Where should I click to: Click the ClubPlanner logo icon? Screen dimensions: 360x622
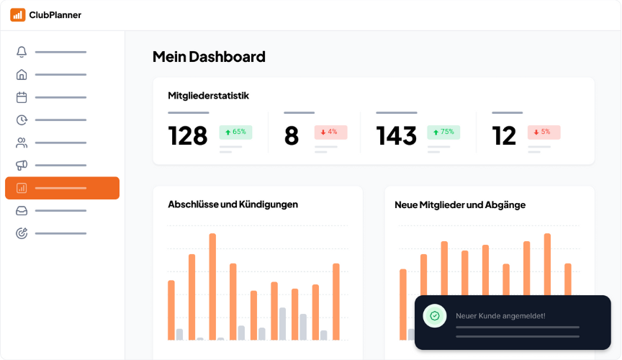18,15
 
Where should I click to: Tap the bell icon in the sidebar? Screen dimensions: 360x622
22,52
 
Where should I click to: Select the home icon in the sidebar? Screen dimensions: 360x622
22,74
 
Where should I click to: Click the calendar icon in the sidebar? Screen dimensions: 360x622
22,97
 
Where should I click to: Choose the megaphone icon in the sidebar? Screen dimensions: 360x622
22,165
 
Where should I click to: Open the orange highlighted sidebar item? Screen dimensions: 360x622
62,188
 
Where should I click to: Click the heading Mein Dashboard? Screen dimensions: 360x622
209,57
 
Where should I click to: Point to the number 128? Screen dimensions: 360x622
188,135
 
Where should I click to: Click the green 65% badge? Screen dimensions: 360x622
235,132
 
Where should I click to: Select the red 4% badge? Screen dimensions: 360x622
330,132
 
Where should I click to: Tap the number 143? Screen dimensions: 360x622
397,135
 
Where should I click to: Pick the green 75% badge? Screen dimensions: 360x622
443,132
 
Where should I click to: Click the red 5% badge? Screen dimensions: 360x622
544,132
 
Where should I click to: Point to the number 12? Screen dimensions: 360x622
505,135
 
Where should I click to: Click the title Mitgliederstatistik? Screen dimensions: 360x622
209,95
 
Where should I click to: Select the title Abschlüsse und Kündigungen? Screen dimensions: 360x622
233,204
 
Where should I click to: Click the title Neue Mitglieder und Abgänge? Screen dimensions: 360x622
460,204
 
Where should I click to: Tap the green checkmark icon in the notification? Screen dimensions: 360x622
435,315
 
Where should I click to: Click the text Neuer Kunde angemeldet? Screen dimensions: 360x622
500,315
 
